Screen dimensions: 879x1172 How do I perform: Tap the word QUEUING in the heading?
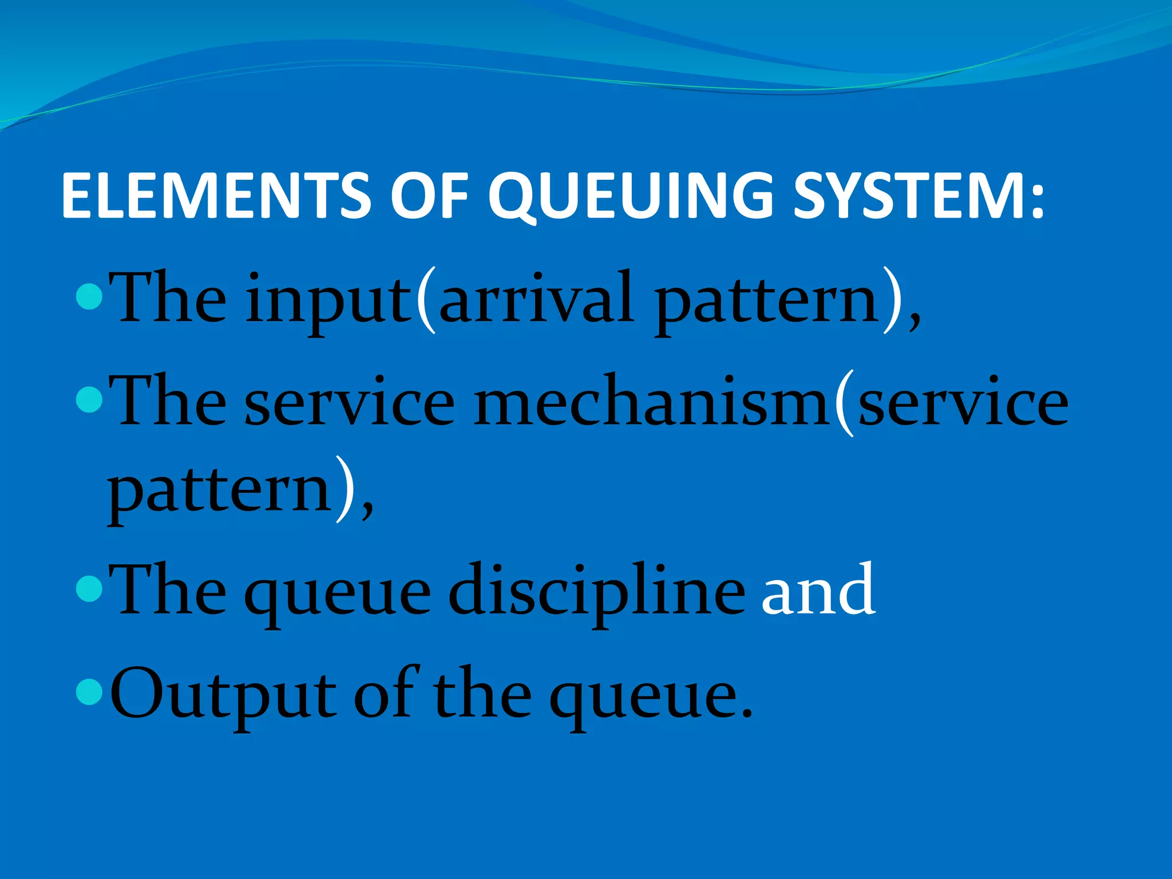pyautogui.click(x=629, y=196)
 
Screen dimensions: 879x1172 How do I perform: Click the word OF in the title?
pyautogui.click(x=429, y=196)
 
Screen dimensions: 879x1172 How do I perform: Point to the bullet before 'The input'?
pyautogui.click(x=89, y=297)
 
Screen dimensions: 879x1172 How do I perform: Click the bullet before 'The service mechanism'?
pyautogui.click(x=89, y=401)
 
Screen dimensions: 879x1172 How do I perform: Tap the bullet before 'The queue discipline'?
pyautogui.click(x=89, y=589)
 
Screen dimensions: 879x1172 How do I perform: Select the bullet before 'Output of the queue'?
pyautogui.click(x=89, y=692)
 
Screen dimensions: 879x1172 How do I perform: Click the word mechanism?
pyautogui.click(x=652, y=403)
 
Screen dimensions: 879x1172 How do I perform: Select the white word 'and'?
pyautogui.click(x=818, y=589)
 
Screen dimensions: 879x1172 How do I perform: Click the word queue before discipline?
pyautogui.click(x=338, y=595)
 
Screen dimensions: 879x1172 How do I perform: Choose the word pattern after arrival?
pyautogui.click(x=767, y=303)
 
